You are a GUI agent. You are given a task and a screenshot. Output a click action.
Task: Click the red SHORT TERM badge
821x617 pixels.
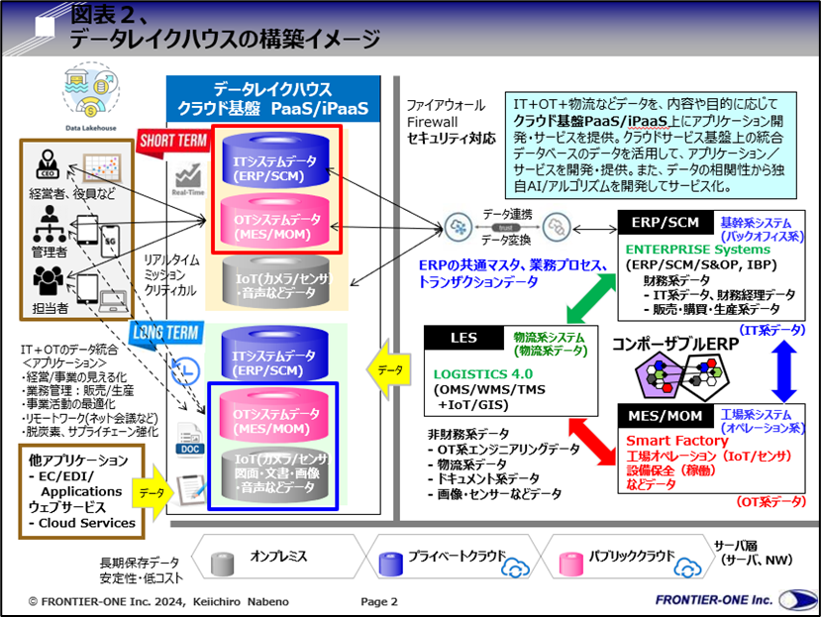[x=167, y=139]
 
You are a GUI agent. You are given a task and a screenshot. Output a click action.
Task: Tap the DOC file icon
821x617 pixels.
[x=188, y=440]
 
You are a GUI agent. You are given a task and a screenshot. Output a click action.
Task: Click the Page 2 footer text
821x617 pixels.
[x=378, y=601]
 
